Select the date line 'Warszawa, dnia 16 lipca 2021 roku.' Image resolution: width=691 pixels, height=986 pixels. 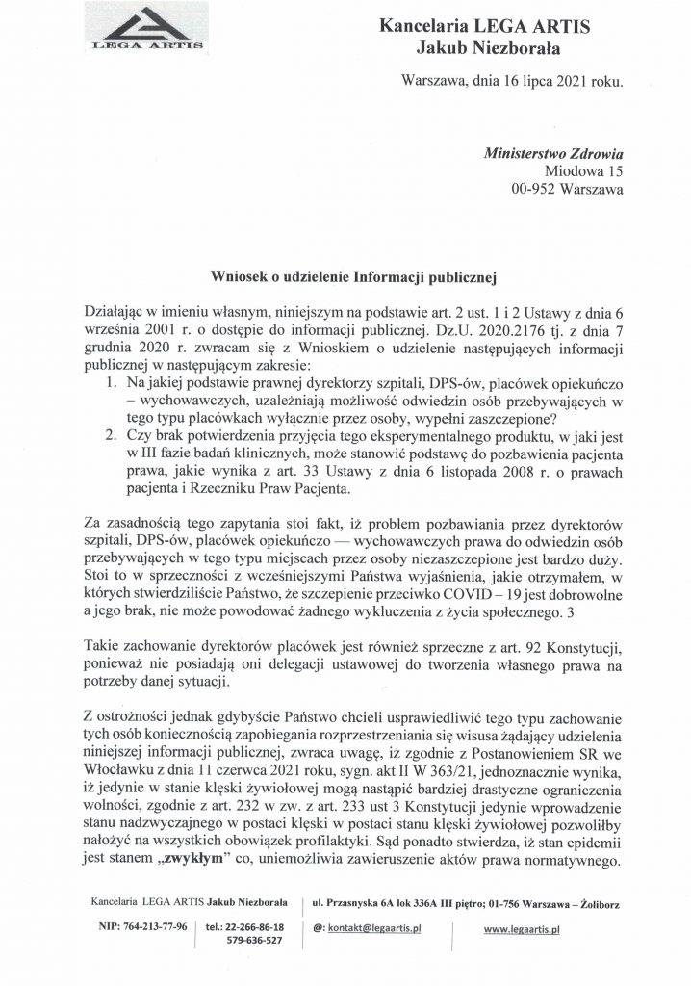click(x=512, y=83)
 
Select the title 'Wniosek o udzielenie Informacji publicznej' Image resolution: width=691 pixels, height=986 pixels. click(x=352, y=278)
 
